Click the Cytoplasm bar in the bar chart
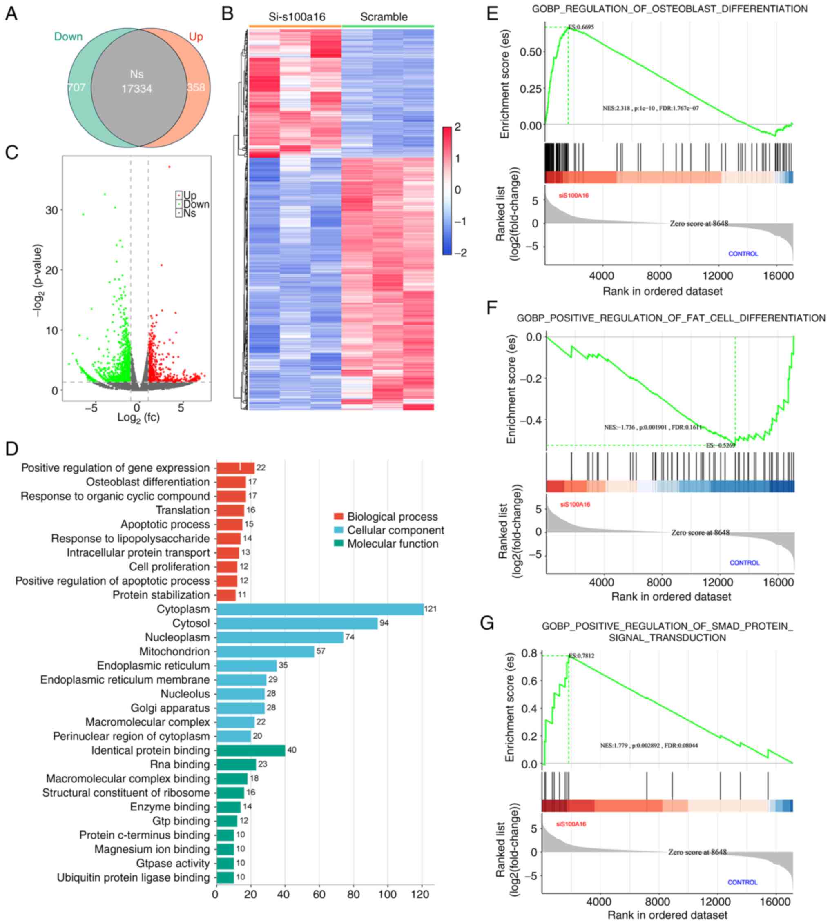(x=319, y=609)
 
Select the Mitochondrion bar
(x=265, y=651)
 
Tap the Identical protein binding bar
(x=250, y=750)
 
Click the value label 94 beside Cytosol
(x=384, y=623)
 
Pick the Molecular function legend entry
(x=392, y=544)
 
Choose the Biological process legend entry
(x=392, y=517)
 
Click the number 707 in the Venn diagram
(x=76, y=87)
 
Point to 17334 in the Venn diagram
(x=137, y=89)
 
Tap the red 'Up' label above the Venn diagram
(x=196, y=36)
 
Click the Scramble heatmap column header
(x=384, y=17)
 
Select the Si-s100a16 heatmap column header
(x=297, y=17)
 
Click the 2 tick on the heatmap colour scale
(x=457, y=127)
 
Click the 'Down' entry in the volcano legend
(x=196, y=204)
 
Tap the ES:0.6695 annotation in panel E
(x=580, y=27)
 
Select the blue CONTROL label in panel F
(x=744, y=563)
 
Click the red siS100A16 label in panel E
(x=574, y=196)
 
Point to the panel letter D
(x=11, y=449)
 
